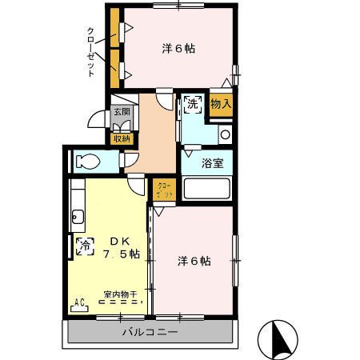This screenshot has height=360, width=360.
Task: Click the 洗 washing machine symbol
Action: (192, 103)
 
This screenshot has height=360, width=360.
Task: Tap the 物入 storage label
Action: (221, 103)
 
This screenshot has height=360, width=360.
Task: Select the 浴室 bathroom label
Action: (212, 163)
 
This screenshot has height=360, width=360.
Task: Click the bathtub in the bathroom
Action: (206, 189)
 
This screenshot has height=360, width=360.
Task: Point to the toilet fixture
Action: (86, 161)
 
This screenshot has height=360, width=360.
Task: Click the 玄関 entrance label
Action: (122, 112)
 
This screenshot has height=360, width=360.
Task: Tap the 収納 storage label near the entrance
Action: (122, 138)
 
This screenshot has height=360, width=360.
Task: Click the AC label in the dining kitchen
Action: (79, 302)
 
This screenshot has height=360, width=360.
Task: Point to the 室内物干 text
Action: (120, 294)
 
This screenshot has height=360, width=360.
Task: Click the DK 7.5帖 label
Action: (121, 247)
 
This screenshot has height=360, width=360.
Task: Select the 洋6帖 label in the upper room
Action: (178, 49)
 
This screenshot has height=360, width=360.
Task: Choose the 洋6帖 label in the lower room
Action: (194, 262)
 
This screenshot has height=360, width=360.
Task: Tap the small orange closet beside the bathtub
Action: (162, 190)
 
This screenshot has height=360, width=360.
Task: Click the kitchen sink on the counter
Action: (78, 215)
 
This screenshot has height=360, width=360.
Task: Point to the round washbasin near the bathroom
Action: (225, 134)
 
